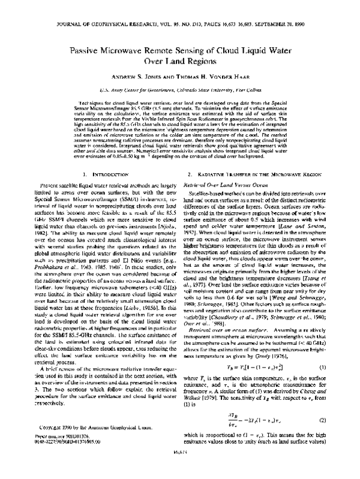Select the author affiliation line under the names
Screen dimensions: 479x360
click(179, 90)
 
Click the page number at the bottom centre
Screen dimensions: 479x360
click(179, 471)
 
